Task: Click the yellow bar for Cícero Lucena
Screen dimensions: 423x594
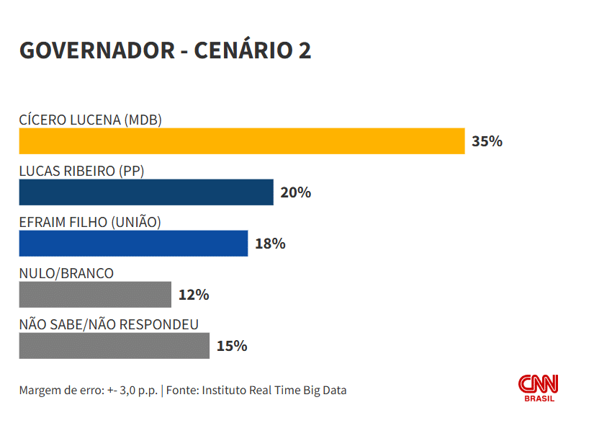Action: (242, 141)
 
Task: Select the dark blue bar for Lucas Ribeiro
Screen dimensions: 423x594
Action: (146, 192)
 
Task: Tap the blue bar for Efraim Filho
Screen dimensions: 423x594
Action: (133, 244)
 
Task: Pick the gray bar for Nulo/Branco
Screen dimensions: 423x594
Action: (95, 295)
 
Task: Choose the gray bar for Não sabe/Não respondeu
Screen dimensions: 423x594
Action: (114, 346)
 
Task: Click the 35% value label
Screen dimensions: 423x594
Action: (487, 141)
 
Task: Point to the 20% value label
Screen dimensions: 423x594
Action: (295, 192)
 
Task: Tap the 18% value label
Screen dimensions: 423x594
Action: (270, 244)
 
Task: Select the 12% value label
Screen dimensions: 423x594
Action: (193, 295)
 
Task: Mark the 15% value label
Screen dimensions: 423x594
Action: (231, 346)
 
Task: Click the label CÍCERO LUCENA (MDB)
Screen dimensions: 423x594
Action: (90, 120)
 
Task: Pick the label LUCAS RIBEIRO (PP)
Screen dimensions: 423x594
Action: (81, 171)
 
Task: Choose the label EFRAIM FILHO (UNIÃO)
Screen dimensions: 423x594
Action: (90, 222)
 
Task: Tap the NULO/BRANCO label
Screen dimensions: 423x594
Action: (66, 273)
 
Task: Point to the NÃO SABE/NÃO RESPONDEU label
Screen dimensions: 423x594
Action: (109, 324)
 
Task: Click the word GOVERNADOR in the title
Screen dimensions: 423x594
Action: (96, 50)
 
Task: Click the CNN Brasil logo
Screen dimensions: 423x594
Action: (539, 388)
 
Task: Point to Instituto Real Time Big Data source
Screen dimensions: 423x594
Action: (274, 391)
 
